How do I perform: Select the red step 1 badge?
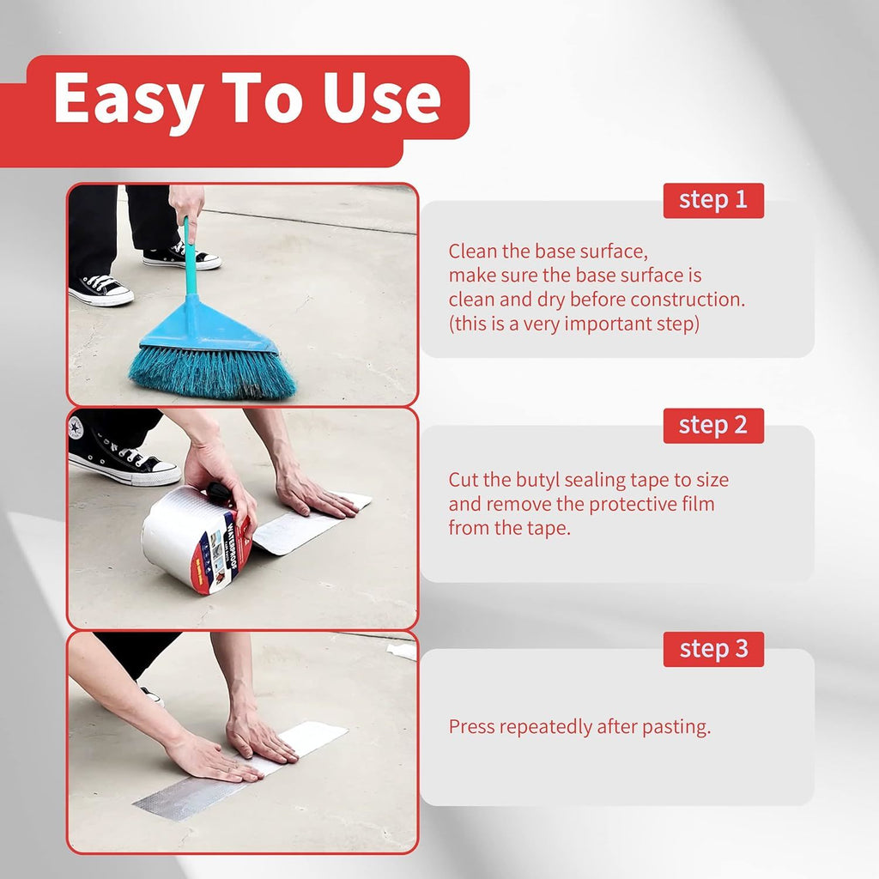tap(713, 200)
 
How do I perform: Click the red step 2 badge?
tap(713, 426)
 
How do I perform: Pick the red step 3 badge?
tap(713, 649)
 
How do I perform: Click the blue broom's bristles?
tap(212, 371)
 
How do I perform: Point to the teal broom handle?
tap(191, 258)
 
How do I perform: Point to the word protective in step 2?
tap(615, 505)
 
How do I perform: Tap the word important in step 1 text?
tap(605, 324)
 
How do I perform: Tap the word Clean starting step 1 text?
tap(473, 252)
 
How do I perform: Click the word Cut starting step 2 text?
tap(464, 480)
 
